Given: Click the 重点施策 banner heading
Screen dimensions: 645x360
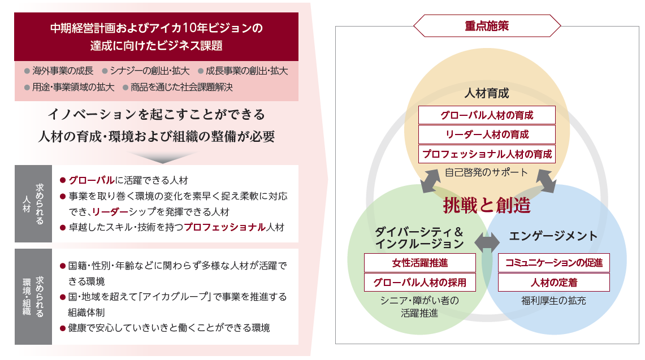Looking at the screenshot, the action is (x=487, y=26).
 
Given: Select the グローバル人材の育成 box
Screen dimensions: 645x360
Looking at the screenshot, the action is (x=487, y=115).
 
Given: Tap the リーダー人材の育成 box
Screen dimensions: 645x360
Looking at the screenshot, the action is (x=487, y=135).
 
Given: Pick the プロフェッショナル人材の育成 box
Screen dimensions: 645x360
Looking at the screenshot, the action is (x=487, y=154).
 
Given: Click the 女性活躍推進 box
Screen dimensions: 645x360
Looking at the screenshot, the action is (x=419, y=263).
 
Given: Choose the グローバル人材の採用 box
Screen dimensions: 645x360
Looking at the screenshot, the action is (x=419, y=282).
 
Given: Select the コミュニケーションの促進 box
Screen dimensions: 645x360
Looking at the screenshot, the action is (x=553, y=263).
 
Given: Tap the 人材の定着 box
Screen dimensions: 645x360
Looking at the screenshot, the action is (x=553, y=282).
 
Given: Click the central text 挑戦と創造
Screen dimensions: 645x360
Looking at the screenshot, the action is (x=487, y=205).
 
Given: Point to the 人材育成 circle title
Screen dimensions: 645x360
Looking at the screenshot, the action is (x=487, y=93).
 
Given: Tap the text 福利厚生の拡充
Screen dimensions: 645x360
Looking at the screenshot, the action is (x=553, y=301).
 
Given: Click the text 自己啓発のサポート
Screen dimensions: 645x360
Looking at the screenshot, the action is (x=486, y=172).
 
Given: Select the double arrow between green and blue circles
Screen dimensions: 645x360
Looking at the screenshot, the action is (x=487, y=242).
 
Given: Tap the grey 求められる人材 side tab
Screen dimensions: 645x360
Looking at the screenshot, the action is (x=33, y=203).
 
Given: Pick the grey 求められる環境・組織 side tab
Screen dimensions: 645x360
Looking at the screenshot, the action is (x=33, y=297).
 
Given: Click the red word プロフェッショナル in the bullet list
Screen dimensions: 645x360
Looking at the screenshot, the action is (x=224, y=227).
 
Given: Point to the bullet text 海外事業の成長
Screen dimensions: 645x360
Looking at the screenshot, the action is (x=63, y=71).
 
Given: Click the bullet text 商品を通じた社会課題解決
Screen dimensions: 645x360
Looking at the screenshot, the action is (x=181, y=87).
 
